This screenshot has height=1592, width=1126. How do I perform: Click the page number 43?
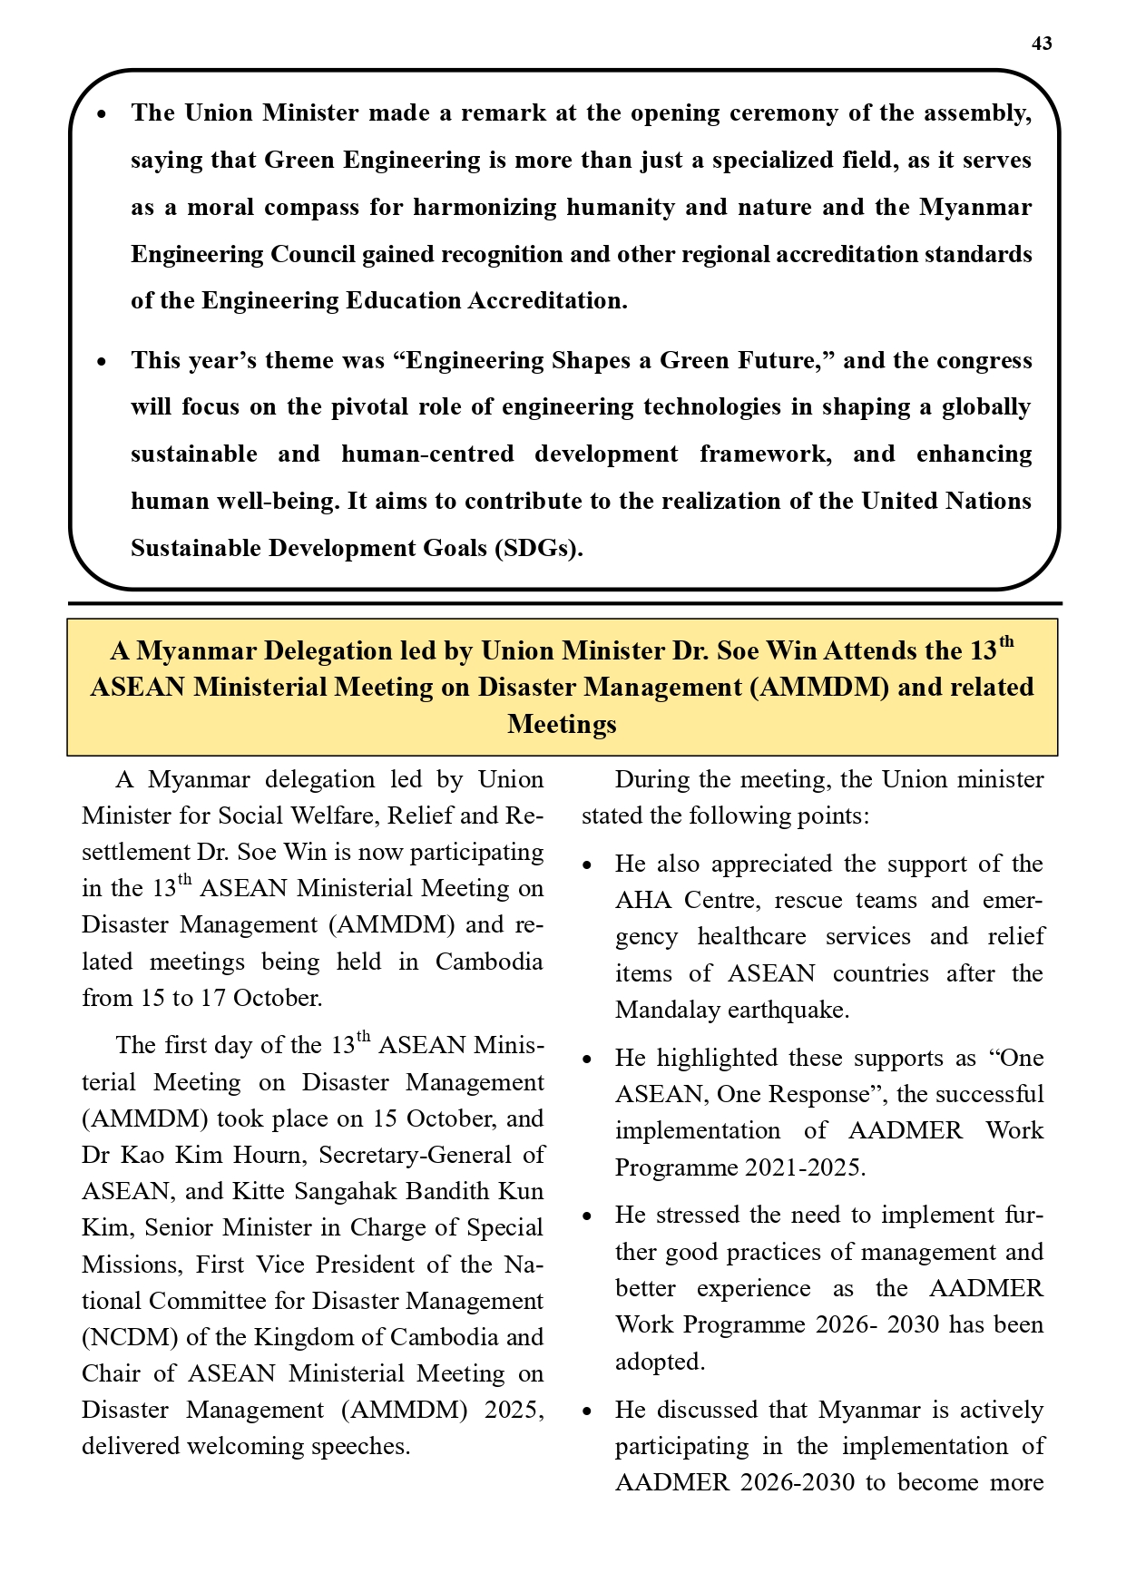click(x=1042, y=44)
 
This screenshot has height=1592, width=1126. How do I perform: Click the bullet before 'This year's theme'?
click(x=103, y=362)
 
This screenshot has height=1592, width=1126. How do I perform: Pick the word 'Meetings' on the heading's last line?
click(x=562, y=724)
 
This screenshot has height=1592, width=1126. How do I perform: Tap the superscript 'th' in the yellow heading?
click(x=1005, y=643)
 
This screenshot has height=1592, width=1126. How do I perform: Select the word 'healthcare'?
click(x=751, y=936)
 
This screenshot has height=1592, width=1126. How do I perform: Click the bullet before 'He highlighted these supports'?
click(x=588, y=1060)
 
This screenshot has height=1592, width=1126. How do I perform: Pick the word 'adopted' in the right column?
click(x=659, y=1362)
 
